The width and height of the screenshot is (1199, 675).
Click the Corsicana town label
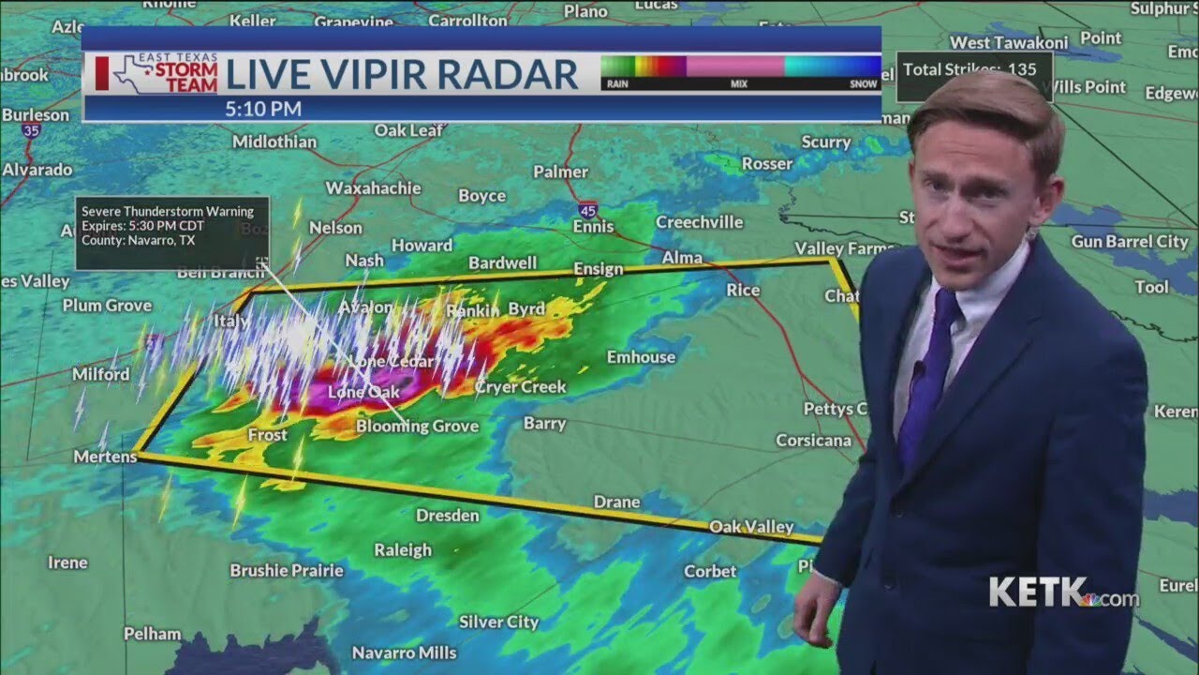tap(813, 440)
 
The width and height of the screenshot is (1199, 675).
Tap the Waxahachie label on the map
tap(373, 187)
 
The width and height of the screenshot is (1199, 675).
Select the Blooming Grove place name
tap(417, 427)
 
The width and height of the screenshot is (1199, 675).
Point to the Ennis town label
tap(593, 226)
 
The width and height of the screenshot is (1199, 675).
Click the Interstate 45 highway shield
tap(586, 209)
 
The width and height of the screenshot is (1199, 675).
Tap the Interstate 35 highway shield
tap(32, 131)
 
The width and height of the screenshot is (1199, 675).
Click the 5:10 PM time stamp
tap(263, 109)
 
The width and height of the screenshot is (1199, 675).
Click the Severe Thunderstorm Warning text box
tap(172, 232)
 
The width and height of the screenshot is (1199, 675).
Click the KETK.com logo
tap(1063, 592)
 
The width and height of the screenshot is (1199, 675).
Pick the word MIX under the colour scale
tap(739, 84)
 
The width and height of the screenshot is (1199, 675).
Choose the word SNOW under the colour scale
tap(864, 84)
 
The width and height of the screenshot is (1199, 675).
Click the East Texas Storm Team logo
tap(158, 74)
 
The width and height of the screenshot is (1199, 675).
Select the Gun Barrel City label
tap(1130, 241)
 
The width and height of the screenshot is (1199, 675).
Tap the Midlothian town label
tap(274, 142)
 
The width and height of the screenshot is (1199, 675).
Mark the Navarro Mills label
tap(404, 652)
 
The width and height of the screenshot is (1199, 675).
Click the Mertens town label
tap(105, 457)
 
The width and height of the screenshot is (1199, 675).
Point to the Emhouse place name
tap(641, 356)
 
